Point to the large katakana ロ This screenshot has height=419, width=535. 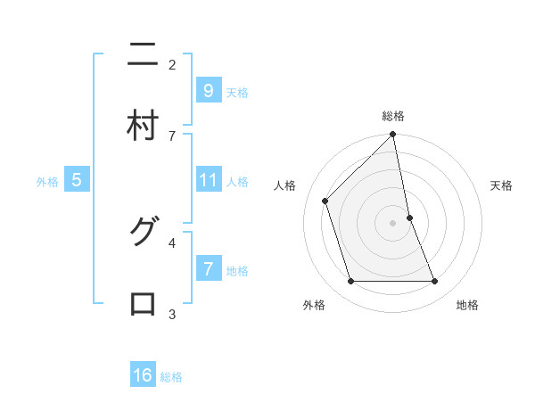pos(143,303)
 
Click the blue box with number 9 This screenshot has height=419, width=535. pos(208,90)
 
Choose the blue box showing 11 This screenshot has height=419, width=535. pos(208,180)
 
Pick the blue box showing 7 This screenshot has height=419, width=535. pos(208,268)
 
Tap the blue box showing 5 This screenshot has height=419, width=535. pos(77,180)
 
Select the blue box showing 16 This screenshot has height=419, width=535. pos(143,375)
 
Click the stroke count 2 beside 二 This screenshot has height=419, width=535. pos(172,64)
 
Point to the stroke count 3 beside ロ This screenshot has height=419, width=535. pos(172,314)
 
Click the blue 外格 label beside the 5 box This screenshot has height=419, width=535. pos(47,182)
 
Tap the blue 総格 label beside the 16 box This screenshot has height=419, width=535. pos(171,377)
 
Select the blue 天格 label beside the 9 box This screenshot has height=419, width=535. pos(237,92)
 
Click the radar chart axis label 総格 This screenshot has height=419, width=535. pos(393,116)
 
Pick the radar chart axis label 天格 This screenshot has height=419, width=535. pos(502,185)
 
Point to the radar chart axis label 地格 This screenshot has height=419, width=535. pos(467,305)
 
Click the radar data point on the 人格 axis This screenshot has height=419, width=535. pos(325,201)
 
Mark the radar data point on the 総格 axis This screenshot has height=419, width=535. pos(393,135)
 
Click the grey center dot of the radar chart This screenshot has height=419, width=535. pos(393,222)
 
